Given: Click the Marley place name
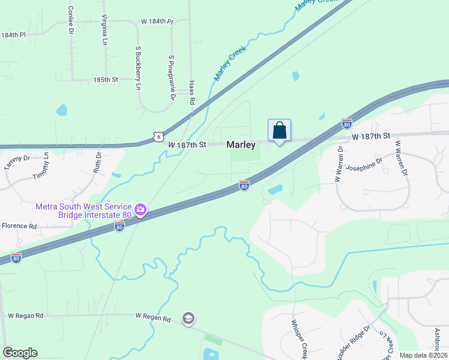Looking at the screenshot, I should pyautogui.click(x=241, y=145).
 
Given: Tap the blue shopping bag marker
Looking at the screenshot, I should pyautogui.click(x=279, y=130).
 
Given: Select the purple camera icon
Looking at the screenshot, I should pyautogui.click(x=140, y=210).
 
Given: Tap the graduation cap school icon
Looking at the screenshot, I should pyautogui.click(x=188, y=318).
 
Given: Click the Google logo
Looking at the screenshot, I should pyautogui.click(x=20, y=353).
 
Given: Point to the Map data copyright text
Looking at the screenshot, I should pyautogui.click(x=424, y=355).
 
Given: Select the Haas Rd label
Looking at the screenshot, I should pyautogui.click(x=192, y=93).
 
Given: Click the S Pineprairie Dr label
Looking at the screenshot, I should pyautogui.click(x=172, y=77).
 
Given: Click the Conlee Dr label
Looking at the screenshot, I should pyautogui.click(x=70, y=19).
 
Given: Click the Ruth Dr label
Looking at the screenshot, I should pyautogui.click(x=97, y=162).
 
